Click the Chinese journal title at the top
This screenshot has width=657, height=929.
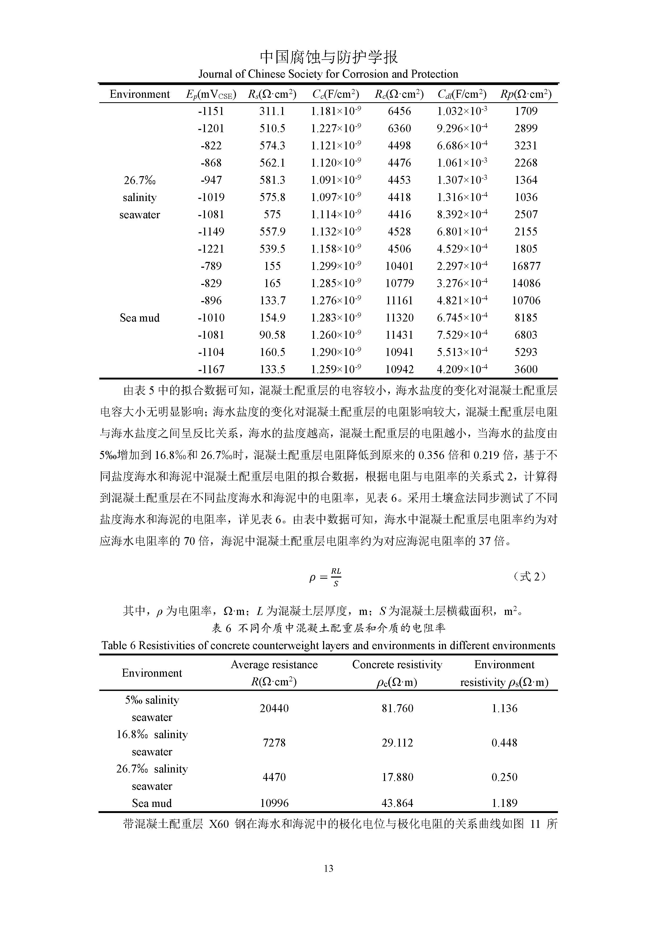[x=328, y=57]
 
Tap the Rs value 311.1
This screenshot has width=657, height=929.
[x=272, y=111]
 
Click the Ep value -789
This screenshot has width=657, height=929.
[x=211, y=266]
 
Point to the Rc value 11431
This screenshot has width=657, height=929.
[x=399, y=335]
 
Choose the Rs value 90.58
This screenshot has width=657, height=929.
[x=272, y=335]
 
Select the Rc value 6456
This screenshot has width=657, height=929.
[x=399, y=111]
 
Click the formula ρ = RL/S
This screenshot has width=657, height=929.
[x=325, y=577]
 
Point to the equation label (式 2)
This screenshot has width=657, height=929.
[x=529, y=577]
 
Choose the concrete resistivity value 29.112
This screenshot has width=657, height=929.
[x=397, y=743]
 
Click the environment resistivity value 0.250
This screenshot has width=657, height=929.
[x=504, y=777]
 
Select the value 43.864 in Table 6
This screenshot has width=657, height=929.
[x=397, y=803]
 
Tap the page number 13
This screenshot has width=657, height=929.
[x=328, y=868]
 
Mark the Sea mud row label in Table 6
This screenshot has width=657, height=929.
[x=152, y=803]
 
